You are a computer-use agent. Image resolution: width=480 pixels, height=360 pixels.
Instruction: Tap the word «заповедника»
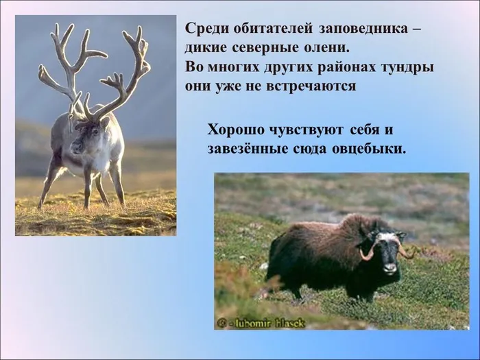[363, 29]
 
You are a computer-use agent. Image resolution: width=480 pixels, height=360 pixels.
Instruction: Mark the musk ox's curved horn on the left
[368, 252]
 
